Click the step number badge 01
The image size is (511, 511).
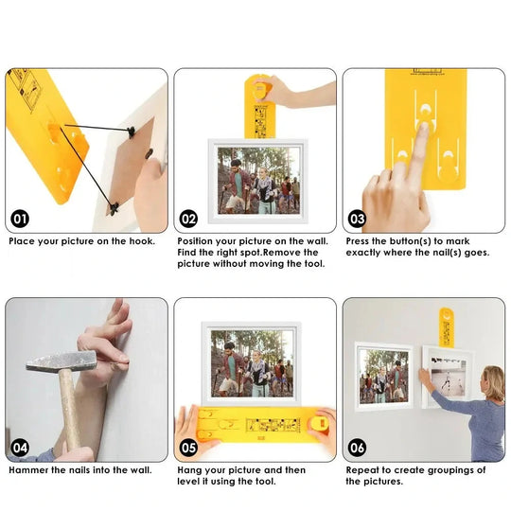(x=20, y=219)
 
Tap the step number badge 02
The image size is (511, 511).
(x=188, y=219)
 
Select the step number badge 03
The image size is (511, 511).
(x=357, y=219)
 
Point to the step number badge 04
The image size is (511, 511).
(x=20, y=448)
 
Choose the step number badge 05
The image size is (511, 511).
(x=188, y=448)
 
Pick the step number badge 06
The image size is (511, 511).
(x=357, y=448)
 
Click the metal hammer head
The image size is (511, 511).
(x=62, y=361)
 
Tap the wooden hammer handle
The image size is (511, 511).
(x=69, y=411)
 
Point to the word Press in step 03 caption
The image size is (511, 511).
(x=357, y=241)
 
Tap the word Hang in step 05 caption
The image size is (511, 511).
(x=188, y=470)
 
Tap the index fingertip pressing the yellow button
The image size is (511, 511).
(x=424, y=127)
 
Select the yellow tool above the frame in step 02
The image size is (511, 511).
(x=259, y=107)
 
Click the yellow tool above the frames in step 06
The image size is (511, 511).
(x=447, y=327)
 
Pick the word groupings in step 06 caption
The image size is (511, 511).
(x=450, y=471)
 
